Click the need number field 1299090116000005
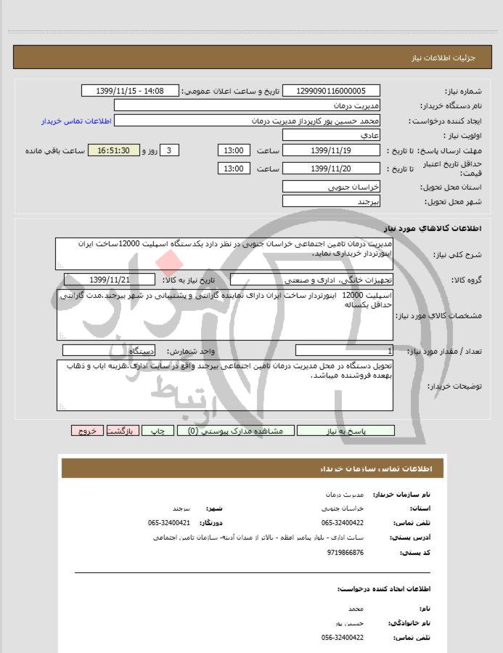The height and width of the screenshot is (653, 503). click(x=331, y=91)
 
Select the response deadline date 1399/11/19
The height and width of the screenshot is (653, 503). click(x=331, y=150)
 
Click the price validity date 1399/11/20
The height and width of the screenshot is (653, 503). click(x=331, y=169)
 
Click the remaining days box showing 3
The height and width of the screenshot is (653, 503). click(x=168, y=150)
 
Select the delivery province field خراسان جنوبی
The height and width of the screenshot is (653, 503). click(x=331, y=187)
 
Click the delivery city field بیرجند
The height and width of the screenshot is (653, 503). click(x=331, y=200)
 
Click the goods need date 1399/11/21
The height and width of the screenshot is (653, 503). click(x=110, y=280)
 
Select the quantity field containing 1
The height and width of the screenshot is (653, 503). click(x=344, y=351)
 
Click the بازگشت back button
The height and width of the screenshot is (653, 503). click(x=120, y=431)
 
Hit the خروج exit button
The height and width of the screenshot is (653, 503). click(x=88, y=431)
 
